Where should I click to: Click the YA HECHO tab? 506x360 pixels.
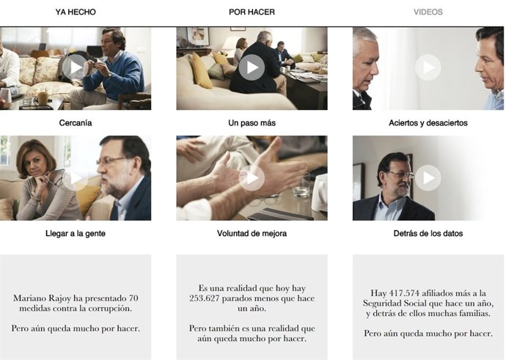tap(76, 12)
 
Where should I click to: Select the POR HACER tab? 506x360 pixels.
tap(252, 12)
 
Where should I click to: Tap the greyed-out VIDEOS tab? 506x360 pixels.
tap(428, 12)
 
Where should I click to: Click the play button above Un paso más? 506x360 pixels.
tap(252, 68)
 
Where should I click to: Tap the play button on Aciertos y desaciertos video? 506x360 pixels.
tap(428, 68)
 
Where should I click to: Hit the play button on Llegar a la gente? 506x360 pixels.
tap(76, 178)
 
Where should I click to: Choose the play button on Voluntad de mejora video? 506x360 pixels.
tap(252, 178)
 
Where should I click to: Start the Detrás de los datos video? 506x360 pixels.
tap(428, 178)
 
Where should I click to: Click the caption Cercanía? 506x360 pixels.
tap(76, 123)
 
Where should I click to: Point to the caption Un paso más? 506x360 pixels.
tap(252, 123)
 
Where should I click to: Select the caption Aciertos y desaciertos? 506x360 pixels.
tap(428, 123)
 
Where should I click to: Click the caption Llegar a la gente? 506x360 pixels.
tap(76, 234)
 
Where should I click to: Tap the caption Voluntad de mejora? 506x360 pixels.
tap(252, 234)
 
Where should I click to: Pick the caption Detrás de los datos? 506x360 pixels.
tap(428, 234)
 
